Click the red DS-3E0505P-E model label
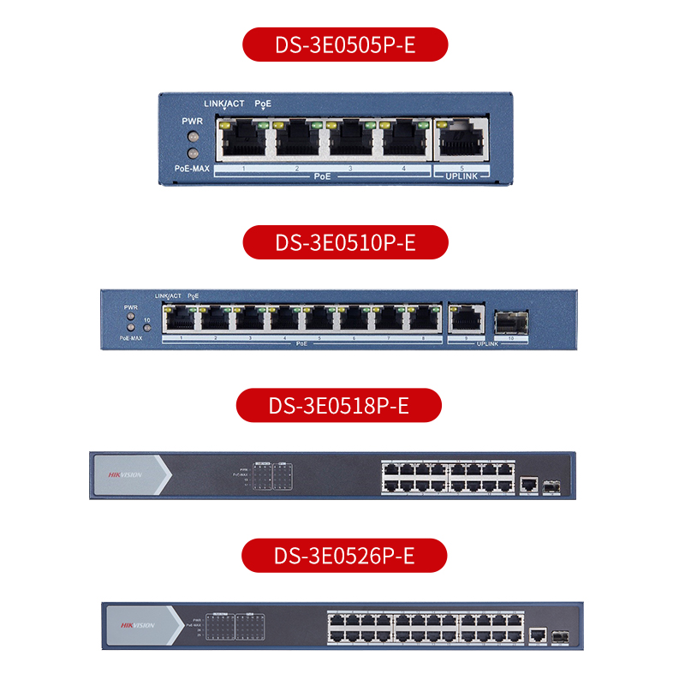click(x=345, y=45)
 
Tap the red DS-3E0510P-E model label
click(x=345, y=242)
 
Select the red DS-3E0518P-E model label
click(x=339, y=405)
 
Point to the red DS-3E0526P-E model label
click(x=344, y=556)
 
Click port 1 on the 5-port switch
click(x=244, y=140)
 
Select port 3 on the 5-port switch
click(x=352, y=140)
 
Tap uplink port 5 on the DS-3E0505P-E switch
click(x=462, y=140)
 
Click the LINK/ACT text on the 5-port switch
click(x=224, y=104)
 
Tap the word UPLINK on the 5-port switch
click(x=462, y=176)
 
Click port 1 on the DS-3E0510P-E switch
click(x=181, y=320)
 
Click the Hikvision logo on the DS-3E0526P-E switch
click(x=137, y=625)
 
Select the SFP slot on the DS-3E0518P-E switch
click(x=551, y=485)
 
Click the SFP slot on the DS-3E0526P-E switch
click(x=561, y=636)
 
